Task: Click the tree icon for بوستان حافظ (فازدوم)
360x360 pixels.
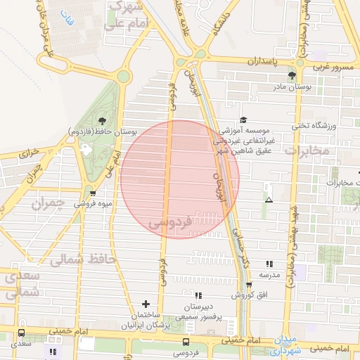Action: click(103, 120)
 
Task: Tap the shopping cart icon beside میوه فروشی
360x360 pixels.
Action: click(92, 193)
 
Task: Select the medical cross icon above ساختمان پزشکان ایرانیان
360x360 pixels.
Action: click(146, 304)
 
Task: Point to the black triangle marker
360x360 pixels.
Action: click(268, 200)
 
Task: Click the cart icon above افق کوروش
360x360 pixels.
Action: click(249, 285)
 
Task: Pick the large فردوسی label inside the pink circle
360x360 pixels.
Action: click(170, 223)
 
